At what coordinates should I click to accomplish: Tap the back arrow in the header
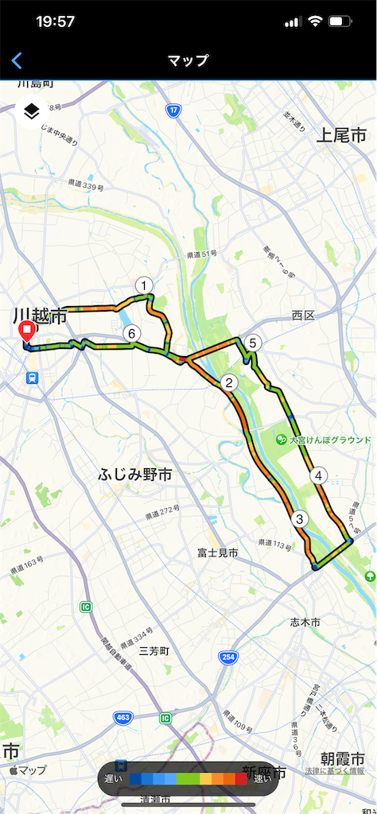click(17, 60)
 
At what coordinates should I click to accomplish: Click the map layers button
click(31, 111)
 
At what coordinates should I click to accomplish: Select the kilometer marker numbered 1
click(143, 285)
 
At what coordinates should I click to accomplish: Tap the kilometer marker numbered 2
click(229, 383)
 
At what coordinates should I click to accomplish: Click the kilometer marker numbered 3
click(299, 519)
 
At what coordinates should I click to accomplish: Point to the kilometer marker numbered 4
click(318, 475)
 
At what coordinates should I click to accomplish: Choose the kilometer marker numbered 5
click(252, 343)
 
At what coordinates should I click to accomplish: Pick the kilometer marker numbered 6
click(132, 334)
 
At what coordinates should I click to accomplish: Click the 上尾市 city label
click(341, 134)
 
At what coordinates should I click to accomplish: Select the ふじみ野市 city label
click(135, 475)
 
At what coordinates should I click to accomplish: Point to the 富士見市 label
click(218, 552)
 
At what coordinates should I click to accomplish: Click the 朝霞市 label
click(343, 758)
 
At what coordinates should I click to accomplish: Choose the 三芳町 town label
click(154, 650)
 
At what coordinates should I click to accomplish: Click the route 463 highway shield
click(122, 719)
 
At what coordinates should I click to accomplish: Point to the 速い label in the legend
click(262, 779)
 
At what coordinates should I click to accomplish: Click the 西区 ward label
click(303, 316)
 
